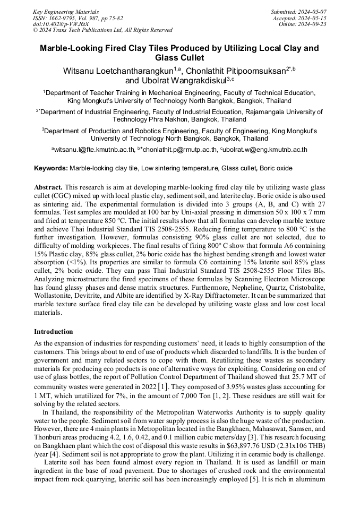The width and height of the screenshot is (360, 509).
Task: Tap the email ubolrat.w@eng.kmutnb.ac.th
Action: (x=265, y=150)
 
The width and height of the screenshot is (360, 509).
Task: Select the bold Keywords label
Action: (x=51, y=168)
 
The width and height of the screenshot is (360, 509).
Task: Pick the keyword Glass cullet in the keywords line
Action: (x=238, y=168)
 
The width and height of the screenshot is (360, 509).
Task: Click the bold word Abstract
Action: (x=48, y=188)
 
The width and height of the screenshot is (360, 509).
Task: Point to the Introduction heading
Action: (x=54, y=332)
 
